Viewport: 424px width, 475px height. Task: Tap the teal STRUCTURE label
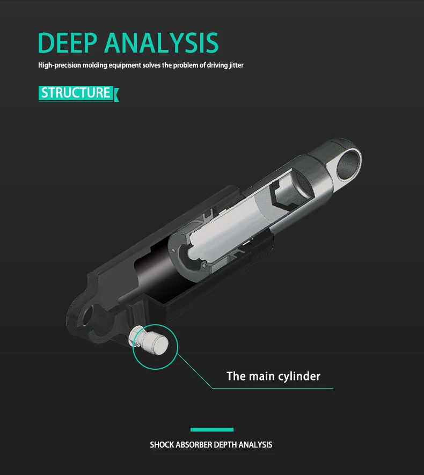tap(76, 92)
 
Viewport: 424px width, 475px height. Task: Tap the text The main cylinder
tap(273, 376)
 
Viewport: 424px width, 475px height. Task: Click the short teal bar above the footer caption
tap(212, 429)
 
